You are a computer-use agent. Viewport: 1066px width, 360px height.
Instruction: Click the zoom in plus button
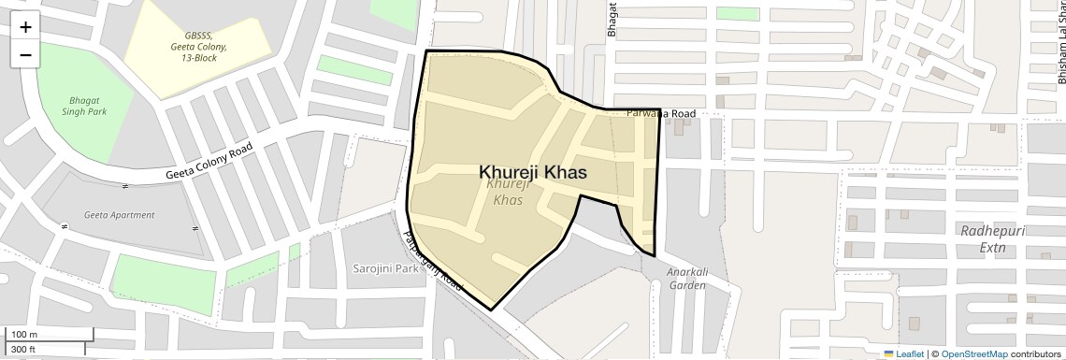coord(25,27)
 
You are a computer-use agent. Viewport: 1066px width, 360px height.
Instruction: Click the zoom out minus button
coord(25,54)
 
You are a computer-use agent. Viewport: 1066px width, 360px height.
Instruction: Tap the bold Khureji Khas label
coord(533,172)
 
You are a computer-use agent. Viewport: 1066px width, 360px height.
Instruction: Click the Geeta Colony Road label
coord(209,163)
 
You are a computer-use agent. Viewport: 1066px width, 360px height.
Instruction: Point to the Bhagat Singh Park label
coord(88,106)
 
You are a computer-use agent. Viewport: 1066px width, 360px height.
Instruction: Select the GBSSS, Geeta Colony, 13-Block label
coord(198,46)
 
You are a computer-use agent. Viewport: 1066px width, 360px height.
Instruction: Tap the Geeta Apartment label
coord(119,215)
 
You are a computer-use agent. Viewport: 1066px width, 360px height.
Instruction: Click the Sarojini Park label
coord(385,268)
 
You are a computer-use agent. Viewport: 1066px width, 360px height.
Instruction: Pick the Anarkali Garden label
coord(686,279)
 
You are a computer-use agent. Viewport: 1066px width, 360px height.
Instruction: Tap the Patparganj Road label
coord(433,259)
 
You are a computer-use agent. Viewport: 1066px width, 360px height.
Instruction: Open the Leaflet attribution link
coord(903,353)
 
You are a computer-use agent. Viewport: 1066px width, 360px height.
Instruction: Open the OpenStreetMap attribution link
coord(973,353)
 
